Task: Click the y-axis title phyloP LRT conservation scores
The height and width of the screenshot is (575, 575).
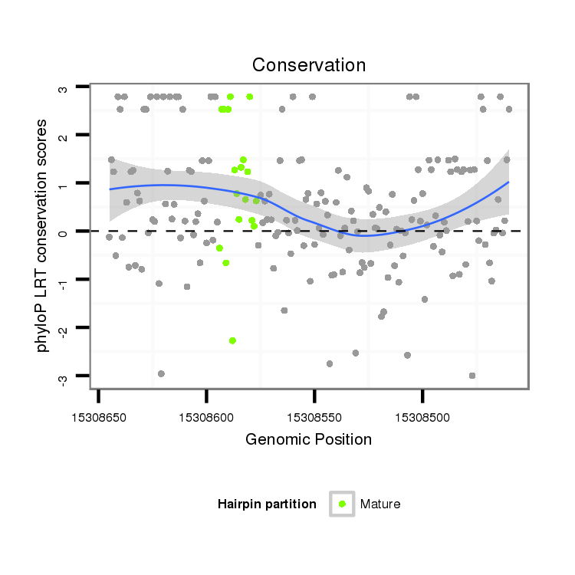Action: pos(43,235)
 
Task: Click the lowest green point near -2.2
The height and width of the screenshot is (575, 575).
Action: pos(232,340)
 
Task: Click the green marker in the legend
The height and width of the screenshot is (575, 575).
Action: pos(342,504)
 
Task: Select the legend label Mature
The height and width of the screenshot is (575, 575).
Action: pos(380,504)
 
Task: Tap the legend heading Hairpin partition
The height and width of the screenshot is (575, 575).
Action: pos(267,504)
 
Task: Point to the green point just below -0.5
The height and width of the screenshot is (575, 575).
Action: pos(226,263)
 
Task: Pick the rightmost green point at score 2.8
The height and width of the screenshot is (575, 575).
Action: pos(250,97)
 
